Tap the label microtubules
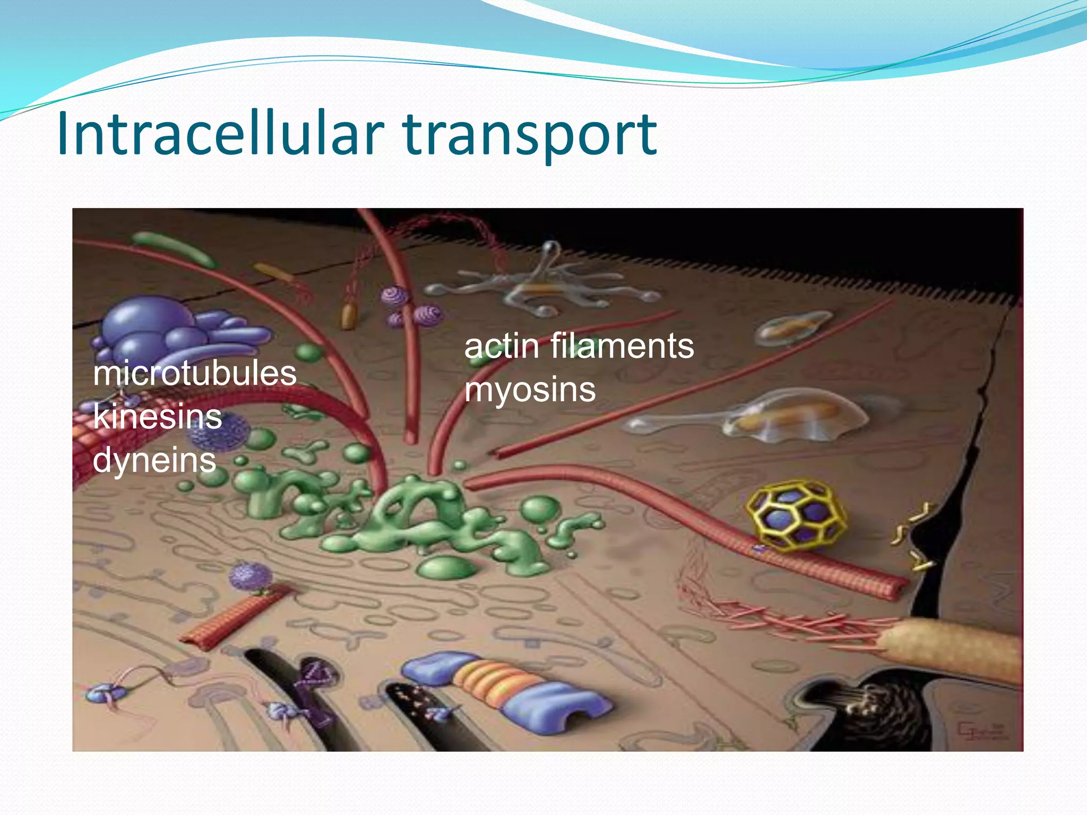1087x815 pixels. [194, 374]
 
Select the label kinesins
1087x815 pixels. [157, 417]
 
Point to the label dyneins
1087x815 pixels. [154, 460]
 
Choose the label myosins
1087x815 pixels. [530, 390]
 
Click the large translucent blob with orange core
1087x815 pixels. [780, 417]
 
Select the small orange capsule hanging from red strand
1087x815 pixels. [348, 316]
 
